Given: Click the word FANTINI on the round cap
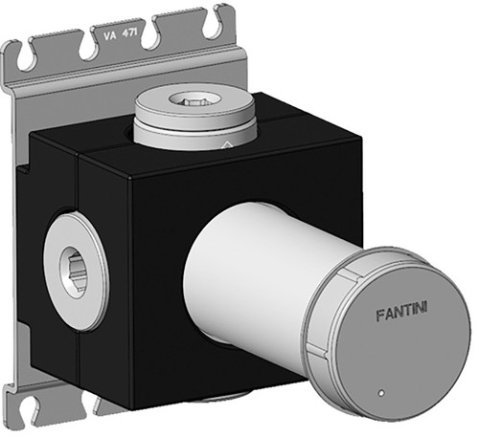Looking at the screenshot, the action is coord(401,312).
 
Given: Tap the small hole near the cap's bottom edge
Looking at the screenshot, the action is coord(380,393).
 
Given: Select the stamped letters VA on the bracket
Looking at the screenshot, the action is coord(108,35).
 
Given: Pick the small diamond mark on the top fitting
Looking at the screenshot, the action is coord(227,144).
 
